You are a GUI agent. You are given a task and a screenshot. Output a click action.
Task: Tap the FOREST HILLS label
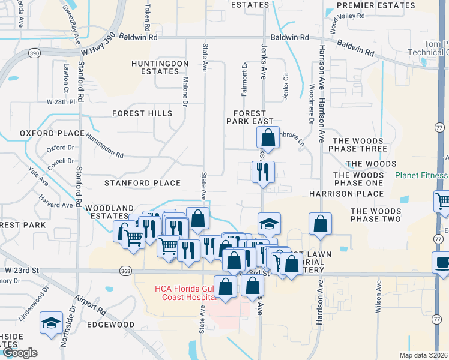(x=142, y=113)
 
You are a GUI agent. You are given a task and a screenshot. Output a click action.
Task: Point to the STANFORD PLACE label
(x=142, y=183)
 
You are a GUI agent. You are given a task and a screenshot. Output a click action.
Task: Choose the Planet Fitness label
(x=421, y=176)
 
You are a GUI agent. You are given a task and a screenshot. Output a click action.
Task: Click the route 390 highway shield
(x=35, y=54)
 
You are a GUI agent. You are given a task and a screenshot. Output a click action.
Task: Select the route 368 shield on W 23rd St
(x=125, y=271)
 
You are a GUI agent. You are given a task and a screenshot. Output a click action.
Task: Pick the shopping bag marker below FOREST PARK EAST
(x=268, y=137)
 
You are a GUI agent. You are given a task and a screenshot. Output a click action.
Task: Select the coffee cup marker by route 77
(x=442, y=263)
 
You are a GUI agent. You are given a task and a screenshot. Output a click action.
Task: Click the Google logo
(x=20, y=353)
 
